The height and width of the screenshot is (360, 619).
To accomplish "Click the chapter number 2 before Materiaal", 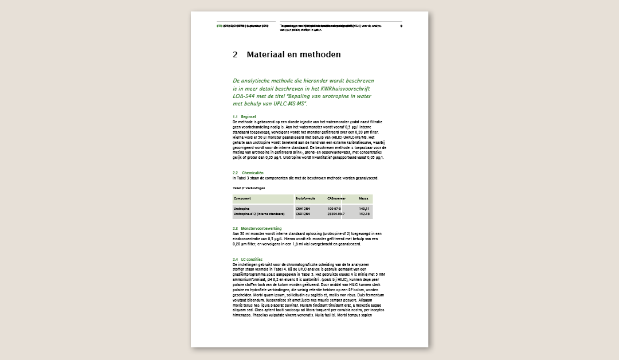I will pyautogui.click(x=235, y=55).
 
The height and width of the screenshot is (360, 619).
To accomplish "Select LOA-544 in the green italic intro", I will pyautogui.click(x=245, y=96).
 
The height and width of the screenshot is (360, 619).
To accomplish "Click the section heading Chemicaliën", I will pyautogui.click(x=253, y=173).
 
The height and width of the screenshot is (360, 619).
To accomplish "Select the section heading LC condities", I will pyautogui.click(x=252, y=260).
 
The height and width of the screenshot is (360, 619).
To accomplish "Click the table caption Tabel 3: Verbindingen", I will pyautogui.click(x=249, y=187).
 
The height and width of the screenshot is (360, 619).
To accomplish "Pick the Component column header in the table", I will pyautogui.click(x=242, y=198).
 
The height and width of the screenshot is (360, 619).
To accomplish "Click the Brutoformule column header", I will pyautogui.click(x=305, y=198).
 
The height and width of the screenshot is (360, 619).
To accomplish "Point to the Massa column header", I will pyautogui.click(x=363, y=198).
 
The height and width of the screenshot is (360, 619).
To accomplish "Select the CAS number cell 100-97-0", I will pyautogui.click(x=334, y=209).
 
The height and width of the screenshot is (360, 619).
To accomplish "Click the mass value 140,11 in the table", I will pyautogui.click(x=364, y=209).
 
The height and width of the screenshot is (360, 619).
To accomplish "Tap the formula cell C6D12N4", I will pyautogui.click(x=303, y=214).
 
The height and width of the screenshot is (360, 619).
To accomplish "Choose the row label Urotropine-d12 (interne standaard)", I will pyautogui.click(x=259, y=214).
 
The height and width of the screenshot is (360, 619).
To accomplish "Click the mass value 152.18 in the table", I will pyautogui.click(x=364, y=214).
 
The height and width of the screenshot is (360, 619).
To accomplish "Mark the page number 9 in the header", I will pyautogui.click(x=401, y=26).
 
